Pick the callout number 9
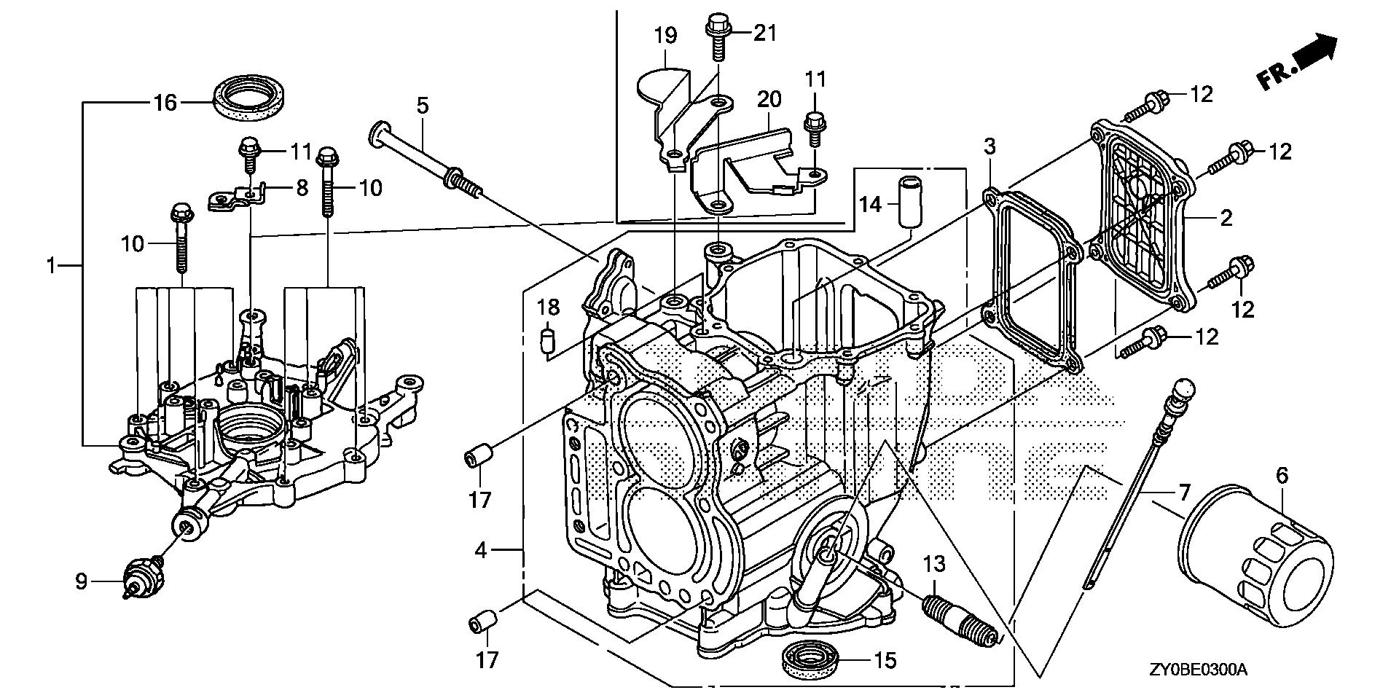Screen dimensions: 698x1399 pos(82,581)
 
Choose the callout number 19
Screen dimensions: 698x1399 pos(665,36)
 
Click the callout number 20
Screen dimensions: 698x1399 pos(769,99)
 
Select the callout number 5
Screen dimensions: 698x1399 pos(423,106)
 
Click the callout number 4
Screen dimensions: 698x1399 pos(480,551)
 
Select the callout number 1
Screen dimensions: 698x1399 pos(51,267)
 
